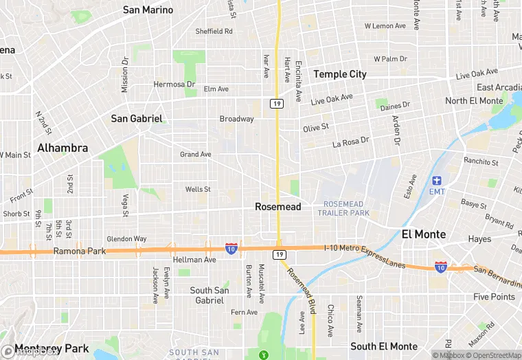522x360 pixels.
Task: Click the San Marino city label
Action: point(148,10)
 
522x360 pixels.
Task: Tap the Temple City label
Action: point(340,74)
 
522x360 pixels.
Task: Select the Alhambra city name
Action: point(63,148)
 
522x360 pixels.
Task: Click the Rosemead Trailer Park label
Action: point(343,208)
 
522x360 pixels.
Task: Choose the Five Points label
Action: point(494,297)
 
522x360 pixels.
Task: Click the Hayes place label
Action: point(479,239)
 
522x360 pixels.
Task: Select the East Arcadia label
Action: point(499,87)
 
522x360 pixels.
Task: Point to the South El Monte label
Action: point(384,346)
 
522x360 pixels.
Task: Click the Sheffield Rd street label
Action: point(214,31)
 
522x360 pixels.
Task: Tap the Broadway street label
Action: point(237,119)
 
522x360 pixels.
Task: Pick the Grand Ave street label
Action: point(196,155)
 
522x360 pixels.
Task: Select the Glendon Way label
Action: point(126,238)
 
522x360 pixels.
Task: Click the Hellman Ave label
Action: point(194,260)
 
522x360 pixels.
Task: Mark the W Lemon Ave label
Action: point(385,25)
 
